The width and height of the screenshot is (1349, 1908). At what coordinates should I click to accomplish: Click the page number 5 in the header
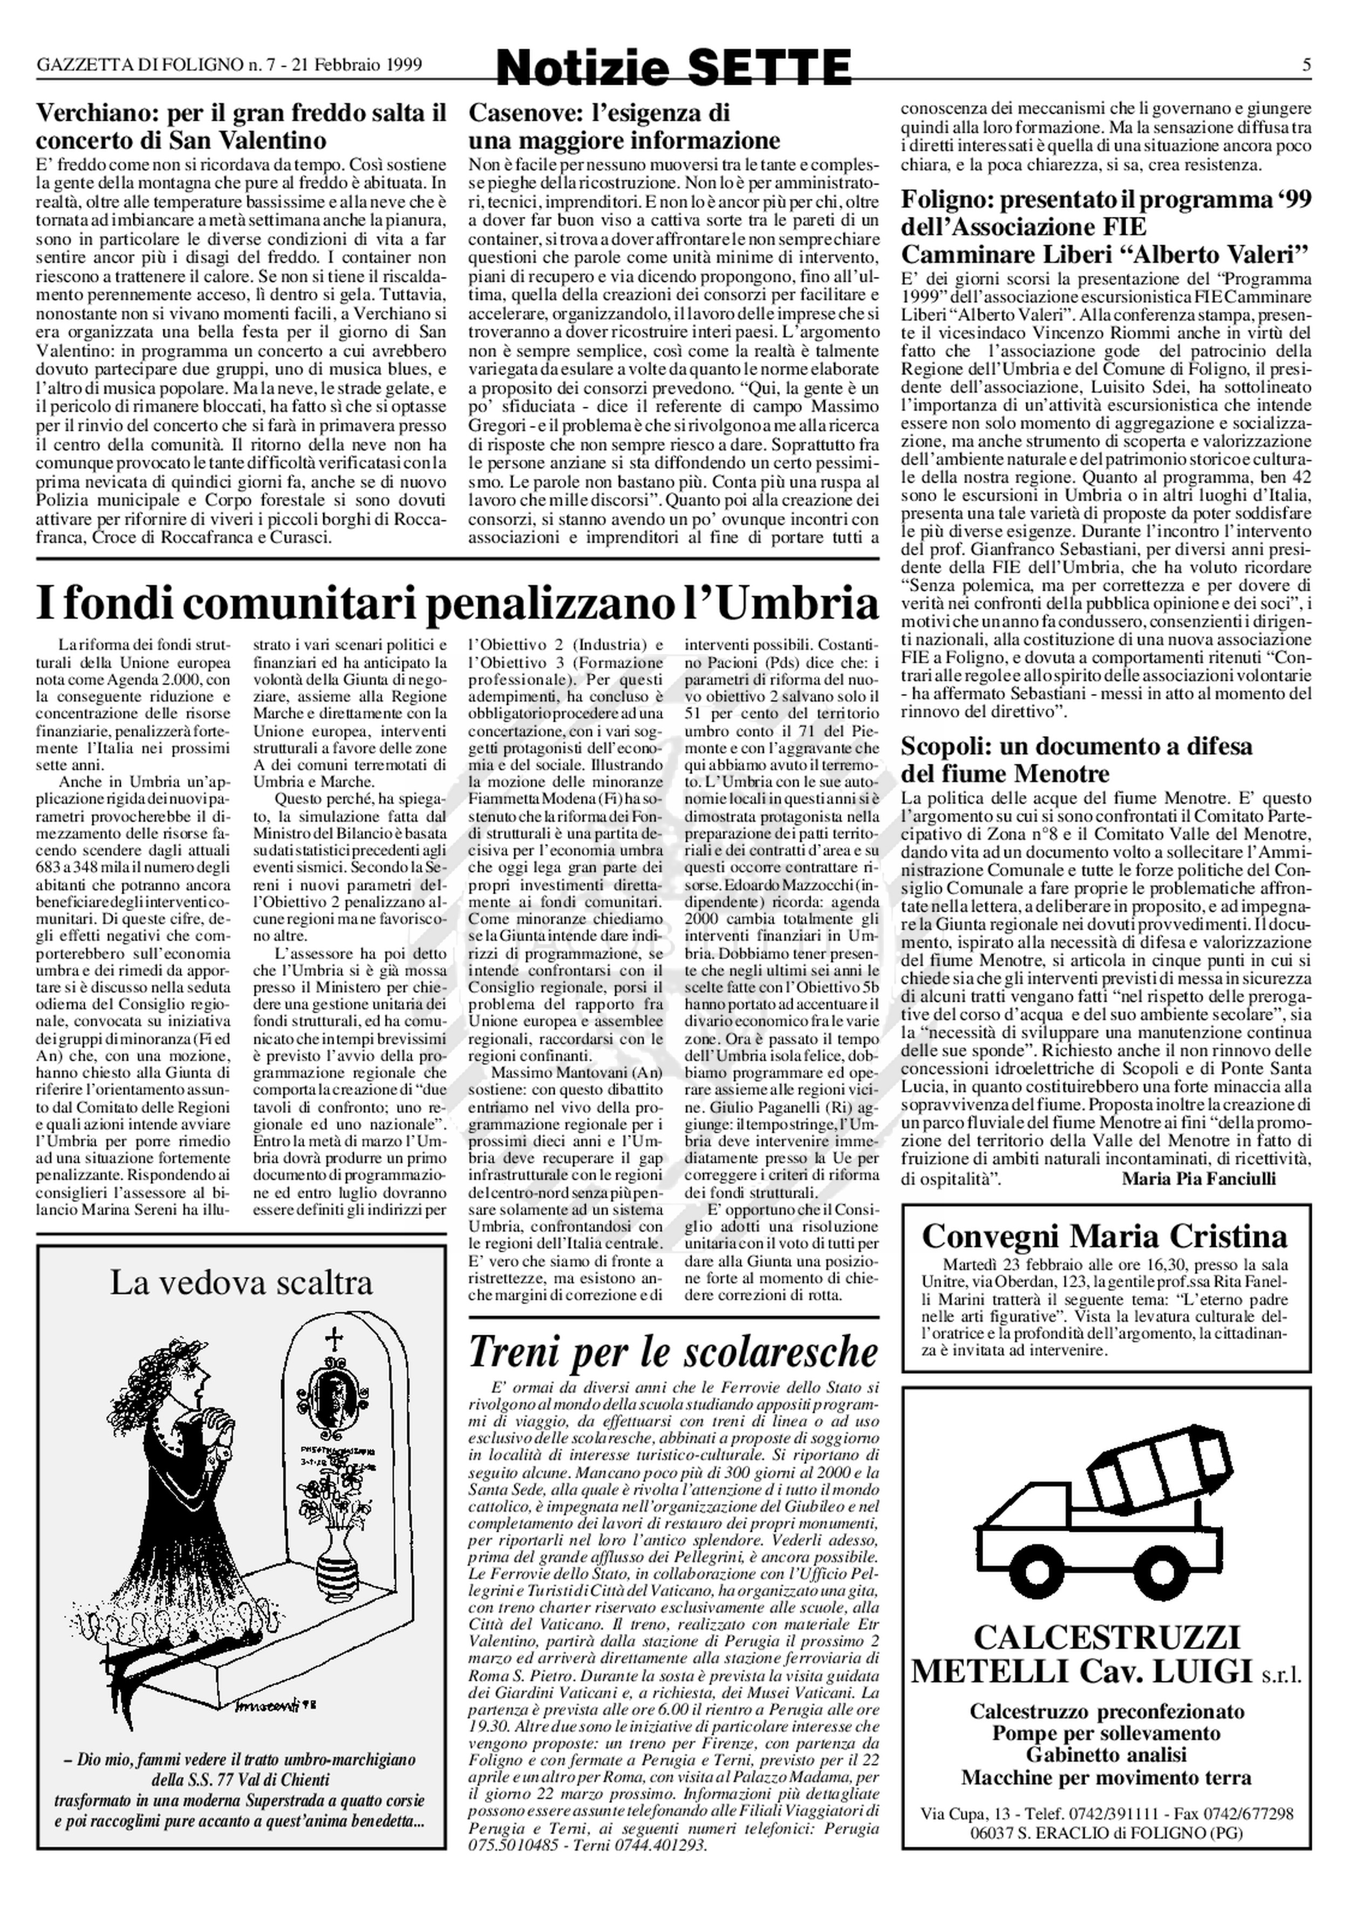[x=1306, y=65]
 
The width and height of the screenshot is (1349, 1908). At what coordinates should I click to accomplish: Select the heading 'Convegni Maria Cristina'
[x=1105, y=1235]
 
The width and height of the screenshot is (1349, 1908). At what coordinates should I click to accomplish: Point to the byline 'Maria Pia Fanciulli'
[x=1198, y=1178]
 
